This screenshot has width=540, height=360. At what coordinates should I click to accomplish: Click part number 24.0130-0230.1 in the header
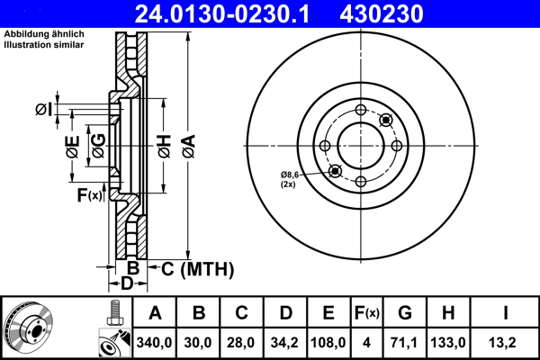222,13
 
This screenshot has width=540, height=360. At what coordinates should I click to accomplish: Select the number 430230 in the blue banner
382,13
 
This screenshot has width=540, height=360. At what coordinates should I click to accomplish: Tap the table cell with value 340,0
154,342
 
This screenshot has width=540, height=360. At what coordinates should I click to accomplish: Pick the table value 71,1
405,342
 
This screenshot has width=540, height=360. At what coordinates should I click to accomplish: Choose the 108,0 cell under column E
328,342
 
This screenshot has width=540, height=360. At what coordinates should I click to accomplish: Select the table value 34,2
284,342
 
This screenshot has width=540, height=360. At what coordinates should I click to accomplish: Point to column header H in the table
448,313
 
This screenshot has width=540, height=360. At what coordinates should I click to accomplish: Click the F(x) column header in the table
367,313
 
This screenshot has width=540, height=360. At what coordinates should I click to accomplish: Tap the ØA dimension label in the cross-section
189,147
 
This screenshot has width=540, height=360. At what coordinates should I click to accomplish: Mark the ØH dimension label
165,147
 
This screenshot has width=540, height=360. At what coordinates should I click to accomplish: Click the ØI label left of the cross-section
44,110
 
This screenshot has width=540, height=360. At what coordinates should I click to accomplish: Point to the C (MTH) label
197,269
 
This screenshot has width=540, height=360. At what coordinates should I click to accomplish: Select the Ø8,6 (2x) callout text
289,179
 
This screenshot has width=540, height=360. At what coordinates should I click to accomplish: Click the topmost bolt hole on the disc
361,110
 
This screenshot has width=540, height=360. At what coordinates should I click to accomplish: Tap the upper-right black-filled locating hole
386,120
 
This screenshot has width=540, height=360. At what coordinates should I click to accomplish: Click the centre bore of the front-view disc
361,146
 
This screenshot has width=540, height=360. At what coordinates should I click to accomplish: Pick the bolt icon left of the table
114,313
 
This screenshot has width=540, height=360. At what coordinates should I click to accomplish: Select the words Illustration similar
44,45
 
